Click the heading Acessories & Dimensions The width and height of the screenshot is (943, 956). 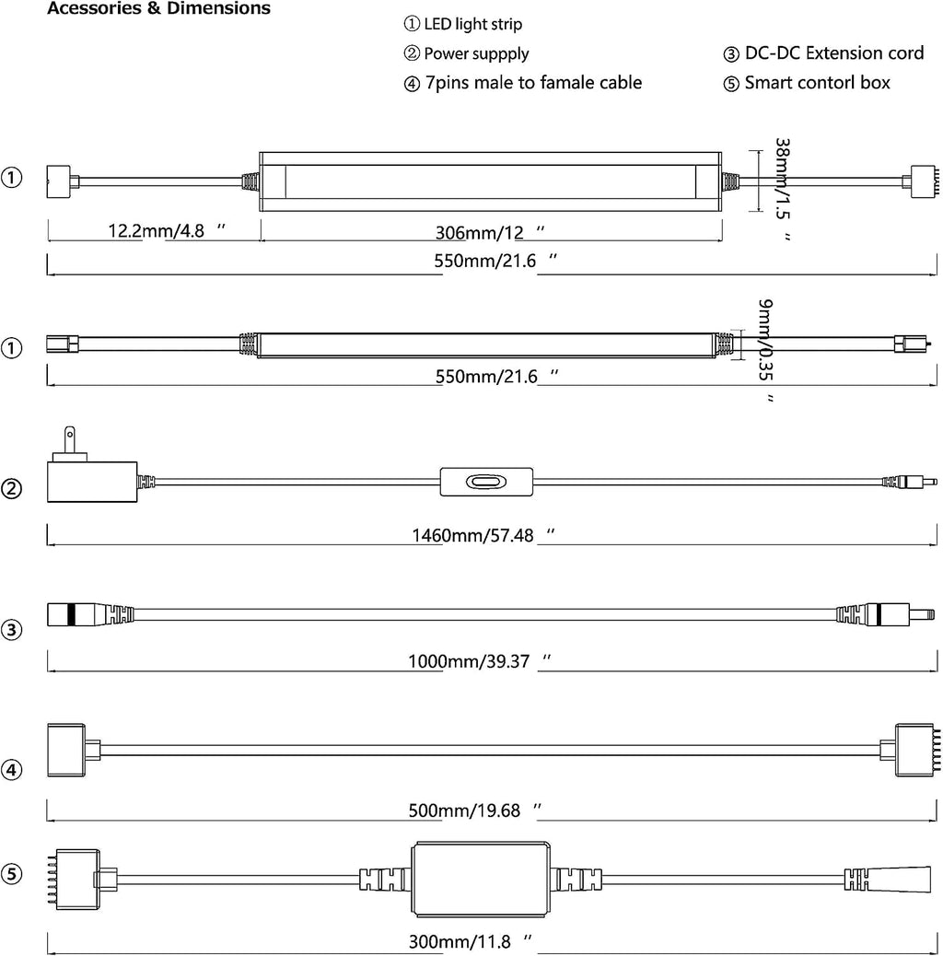[158, 8]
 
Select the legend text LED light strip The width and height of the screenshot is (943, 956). [473, 24]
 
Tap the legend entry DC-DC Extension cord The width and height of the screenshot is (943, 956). [834, 53]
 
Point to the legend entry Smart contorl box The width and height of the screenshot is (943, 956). [817, 82]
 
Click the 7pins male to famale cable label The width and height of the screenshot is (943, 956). [533, 82]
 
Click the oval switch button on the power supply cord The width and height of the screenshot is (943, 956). [486, 483]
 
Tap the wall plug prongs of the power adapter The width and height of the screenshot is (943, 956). [70, 440]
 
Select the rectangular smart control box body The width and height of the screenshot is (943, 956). [481, 880]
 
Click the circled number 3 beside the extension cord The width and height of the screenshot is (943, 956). [12, 629]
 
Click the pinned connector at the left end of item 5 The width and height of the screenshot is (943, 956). [77, 880]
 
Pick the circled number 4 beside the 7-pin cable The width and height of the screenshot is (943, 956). [12, 769]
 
